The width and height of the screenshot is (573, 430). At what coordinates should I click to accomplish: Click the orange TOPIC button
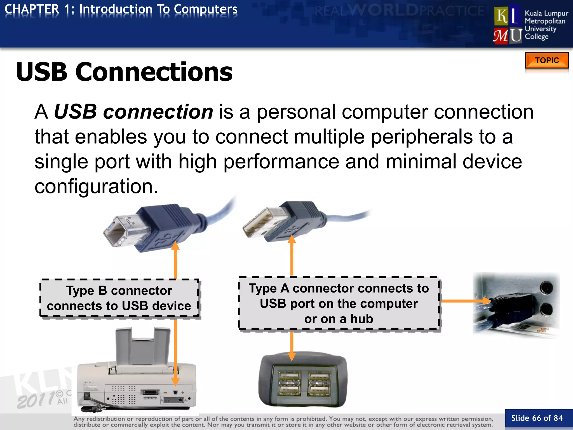(x=547, y=60)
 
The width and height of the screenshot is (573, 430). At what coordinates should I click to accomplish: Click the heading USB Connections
(x=124, y=72)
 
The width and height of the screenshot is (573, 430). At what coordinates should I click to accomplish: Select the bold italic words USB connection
(x=133, y=112)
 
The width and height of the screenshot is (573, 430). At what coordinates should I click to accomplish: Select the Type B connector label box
(x=119, y=298)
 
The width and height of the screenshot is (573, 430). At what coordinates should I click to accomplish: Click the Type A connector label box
(x=339, y=303)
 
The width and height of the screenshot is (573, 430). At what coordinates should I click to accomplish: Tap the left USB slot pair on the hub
(x=289, y=384)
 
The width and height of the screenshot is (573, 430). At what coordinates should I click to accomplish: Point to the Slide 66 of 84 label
(x=537, y=418)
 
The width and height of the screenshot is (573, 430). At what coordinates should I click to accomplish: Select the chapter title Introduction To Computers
(x=158, y=9)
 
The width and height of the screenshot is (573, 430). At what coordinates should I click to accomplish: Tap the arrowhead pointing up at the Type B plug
(x=175, y=246)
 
